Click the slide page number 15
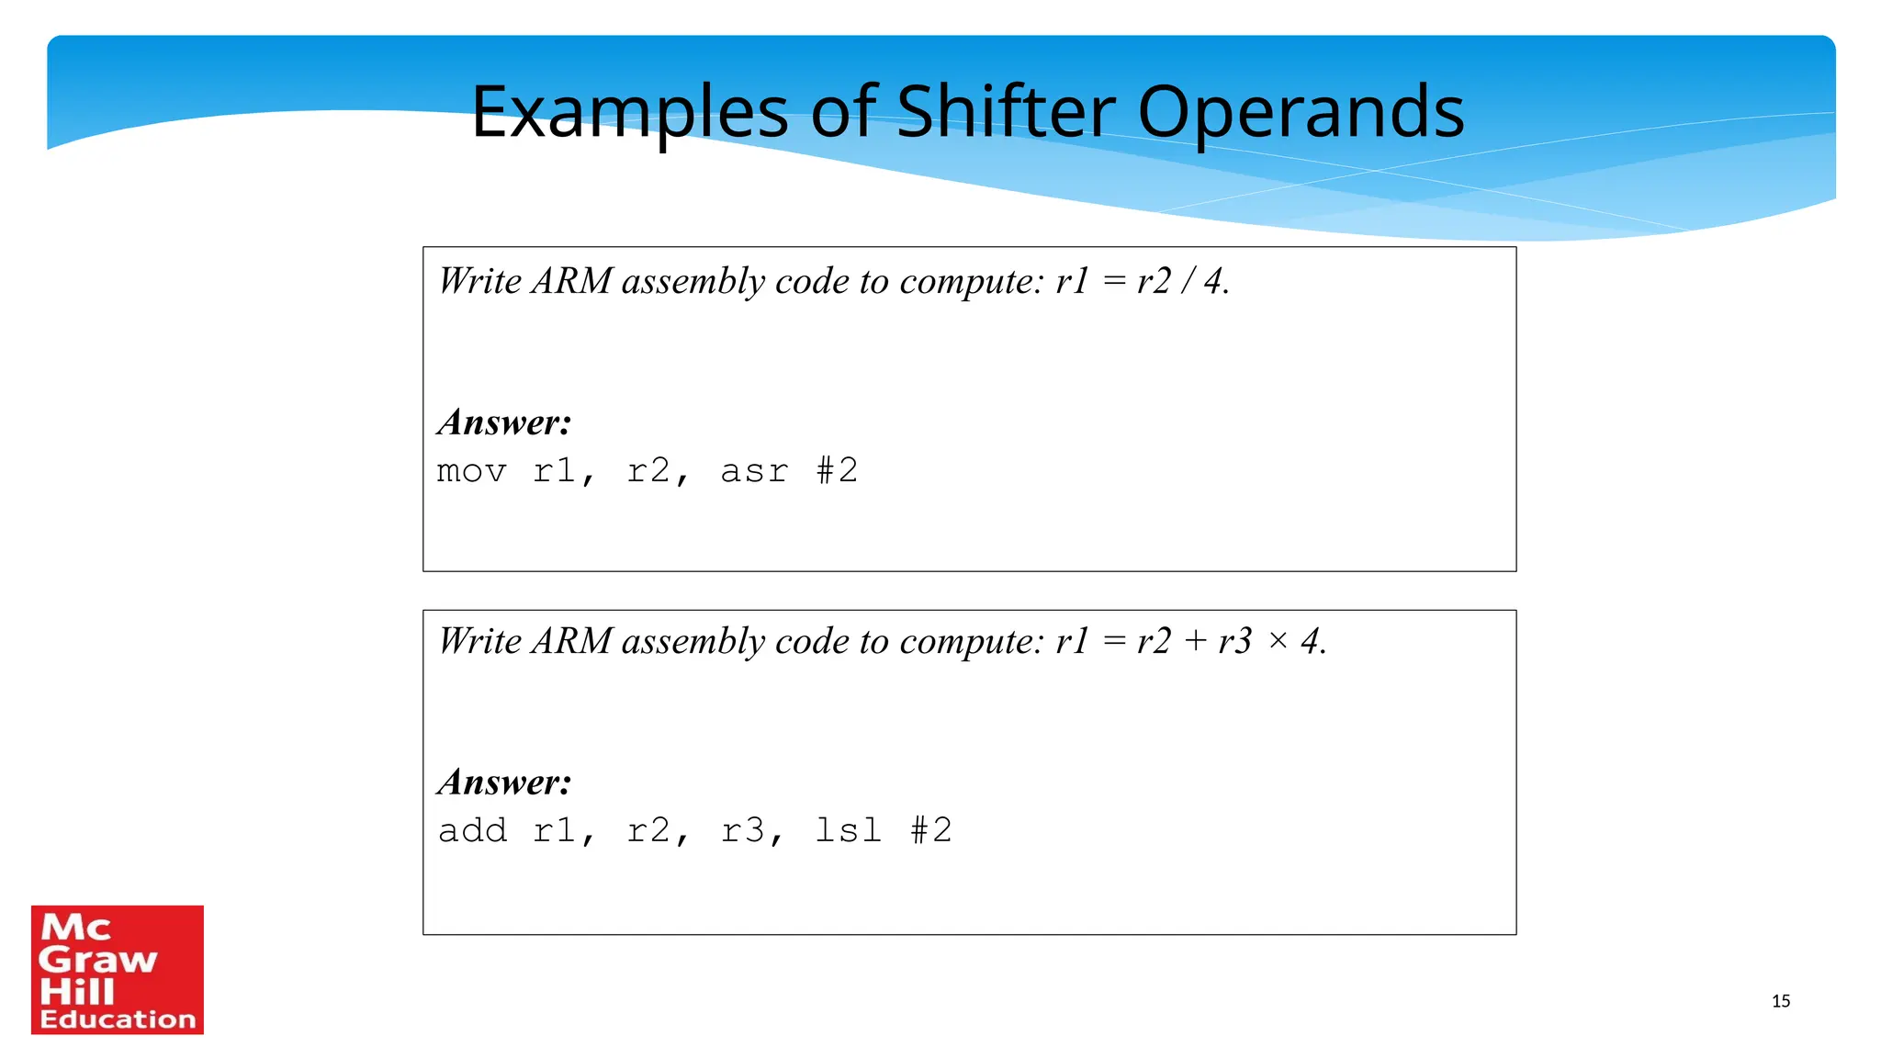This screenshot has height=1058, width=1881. click(1781, 1001)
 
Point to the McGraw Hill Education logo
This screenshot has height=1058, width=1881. click(118, 970)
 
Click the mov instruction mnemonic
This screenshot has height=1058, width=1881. click(471, 472)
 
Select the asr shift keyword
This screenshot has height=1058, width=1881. click(754, 472)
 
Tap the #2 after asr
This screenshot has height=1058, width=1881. click(838, 471)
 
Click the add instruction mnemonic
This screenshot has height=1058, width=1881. click(472, 831)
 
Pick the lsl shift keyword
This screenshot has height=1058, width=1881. click(848, 831)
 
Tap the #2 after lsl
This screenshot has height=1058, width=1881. click(931, 830)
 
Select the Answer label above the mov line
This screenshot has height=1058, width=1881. click(504, 423)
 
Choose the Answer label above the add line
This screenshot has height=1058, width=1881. click(504, 783)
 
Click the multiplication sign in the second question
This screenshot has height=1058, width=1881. click(1278, 641)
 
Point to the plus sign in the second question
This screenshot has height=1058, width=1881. click(1195, 641)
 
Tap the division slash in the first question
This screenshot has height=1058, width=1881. click(1188, 281)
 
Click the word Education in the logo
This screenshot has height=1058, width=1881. click(118, 1019)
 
